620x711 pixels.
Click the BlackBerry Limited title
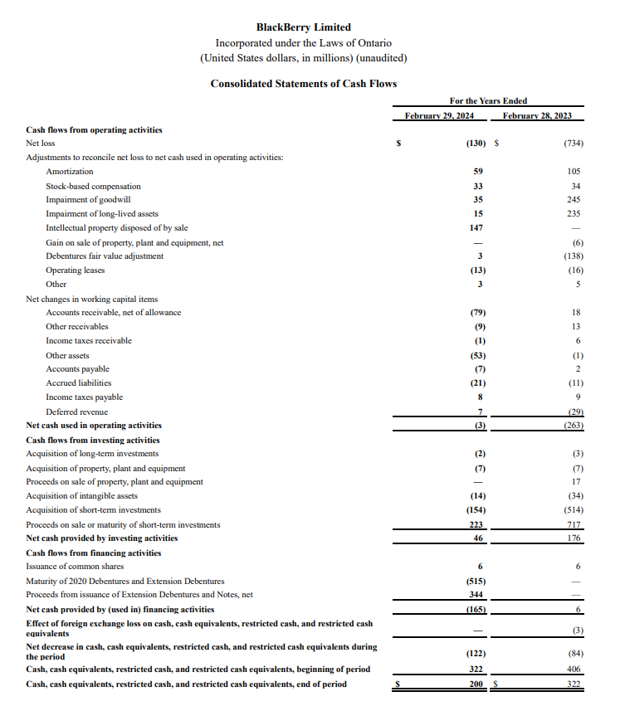[x=303, y=27]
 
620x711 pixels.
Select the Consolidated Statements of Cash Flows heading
[x=303, y=84]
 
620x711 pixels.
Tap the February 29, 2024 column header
[x=439, y=115]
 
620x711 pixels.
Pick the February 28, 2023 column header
[x=537, y=115]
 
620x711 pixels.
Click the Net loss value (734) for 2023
[x=573, y=144]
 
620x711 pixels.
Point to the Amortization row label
[x=70, y=172]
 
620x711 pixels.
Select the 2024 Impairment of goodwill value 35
[x=477, y=200]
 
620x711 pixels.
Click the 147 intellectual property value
[x=476, y=228]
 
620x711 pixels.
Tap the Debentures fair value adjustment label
[x=105, y=256]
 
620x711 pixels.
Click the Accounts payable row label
[x=77, y=369]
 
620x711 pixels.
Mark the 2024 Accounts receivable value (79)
[x=477, y=313]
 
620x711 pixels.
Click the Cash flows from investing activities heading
[x=93, y=440]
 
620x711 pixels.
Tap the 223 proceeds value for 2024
[x=476, y=524]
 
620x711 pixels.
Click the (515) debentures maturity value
[x=476, y=581]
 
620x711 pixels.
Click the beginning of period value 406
[x=574, y=669]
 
